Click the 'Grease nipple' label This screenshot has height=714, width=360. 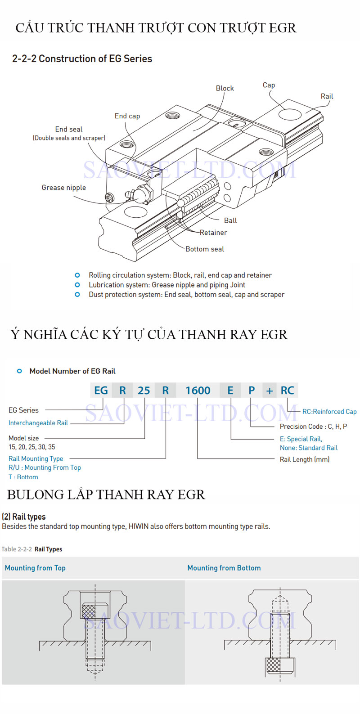[63, 188]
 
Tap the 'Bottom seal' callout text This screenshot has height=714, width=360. [204, 249]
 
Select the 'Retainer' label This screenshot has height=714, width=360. [213, 233]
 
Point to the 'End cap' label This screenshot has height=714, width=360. [127, 116]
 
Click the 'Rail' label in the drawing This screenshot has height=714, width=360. [327, 96]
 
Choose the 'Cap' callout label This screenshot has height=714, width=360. [269, 85]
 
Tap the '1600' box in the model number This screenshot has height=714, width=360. [198, 391]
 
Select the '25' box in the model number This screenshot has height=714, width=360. [144, 391]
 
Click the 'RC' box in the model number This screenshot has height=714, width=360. [287, 391]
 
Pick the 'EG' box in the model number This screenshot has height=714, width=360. [101, 391]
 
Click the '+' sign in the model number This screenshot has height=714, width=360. [270, 391]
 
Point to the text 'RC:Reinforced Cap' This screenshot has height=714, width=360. [329, 412]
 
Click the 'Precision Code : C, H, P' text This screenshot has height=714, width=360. [313, 427]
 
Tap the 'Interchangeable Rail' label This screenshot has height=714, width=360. [38, 423]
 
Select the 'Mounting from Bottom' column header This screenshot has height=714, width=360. [224, 568]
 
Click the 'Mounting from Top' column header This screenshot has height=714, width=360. [35, 568]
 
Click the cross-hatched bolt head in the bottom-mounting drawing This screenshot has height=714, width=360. [274, 665]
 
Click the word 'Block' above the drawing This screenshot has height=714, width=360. [225, 89]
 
